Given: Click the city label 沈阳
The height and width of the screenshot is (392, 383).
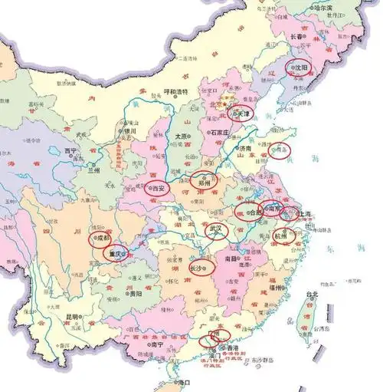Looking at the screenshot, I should click(x=300, y=68).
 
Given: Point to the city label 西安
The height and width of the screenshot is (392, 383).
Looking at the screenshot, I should click(x=159, y=186).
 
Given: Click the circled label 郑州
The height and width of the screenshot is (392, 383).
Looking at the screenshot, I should click(x=205, y=183).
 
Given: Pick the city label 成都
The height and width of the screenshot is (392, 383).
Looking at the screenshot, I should click(x=103, y=238).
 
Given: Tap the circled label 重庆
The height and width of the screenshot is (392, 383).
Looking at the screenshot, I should click(x=116, y=254).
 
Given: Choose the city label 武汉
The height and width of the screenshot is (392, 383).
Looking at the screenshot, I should click(x=218, y=229).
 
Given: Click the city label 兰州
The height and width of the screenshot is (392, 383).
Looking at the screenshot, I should click(x=95, y=168).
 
